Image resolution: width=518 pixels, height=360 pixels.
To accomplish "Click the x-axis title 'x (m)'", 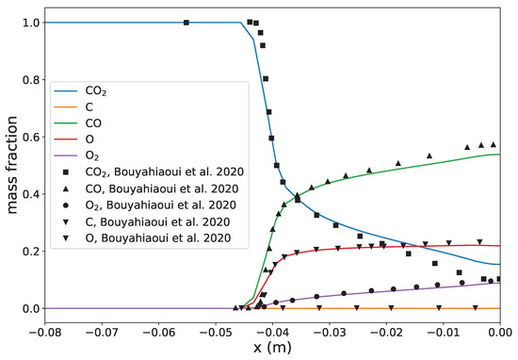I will coord(272,349).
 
